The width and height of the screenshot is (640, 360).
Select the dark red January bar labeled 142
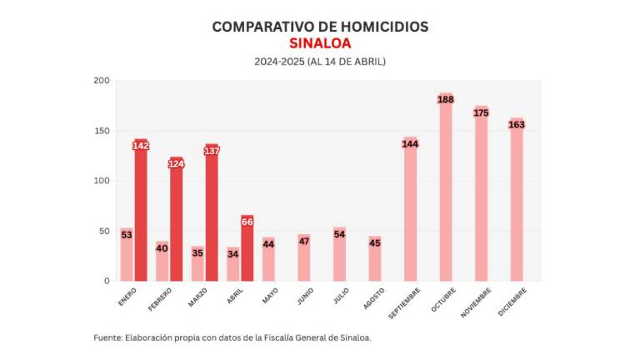(x=141, y=212)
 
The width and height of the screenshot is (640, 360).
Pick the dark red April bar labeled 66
(x=247, y=250)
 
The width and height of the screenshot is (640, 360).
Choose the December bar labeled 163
(x=517, y=204)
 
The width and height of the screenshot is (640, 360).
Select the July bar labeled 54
(x=339, y=255)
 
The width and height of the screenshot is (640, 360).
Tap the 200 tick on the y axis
(x=102, y=81)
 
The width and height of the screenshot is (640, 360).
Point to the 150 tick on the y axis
(x=102, y=131)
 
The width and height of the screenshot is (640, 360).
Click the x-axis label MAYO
(x=269, y=295)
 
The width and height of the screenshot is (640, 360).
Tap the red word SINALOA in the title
(x=320, y=43)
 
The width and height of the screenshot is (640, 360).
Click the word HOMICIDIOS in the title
(x=382, y=27)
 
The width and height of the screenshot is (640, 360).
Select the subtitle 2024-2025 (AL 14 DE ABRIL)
(x=320, y=62)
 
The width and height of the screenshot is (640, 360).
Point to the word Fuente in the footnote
(x=107, y=337)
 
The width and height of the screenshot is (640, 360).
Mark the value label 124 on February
(x=176, y=164)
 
